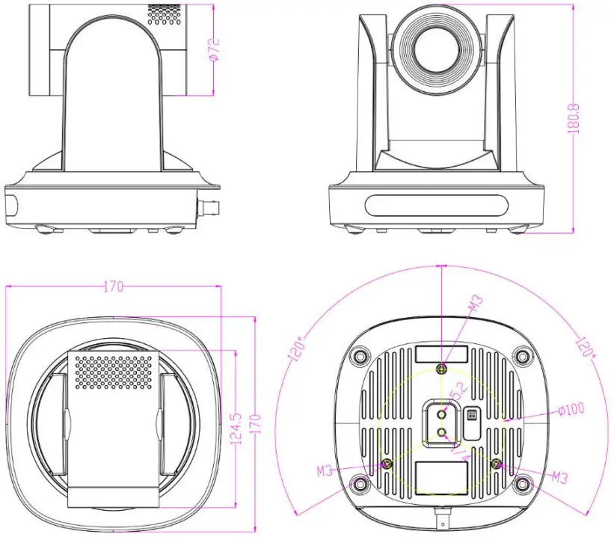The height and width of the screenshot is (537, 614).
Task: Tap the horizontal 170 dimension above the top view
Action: (114, 286)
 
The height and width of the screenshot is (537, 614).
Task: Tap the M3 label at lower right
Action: (559, 476)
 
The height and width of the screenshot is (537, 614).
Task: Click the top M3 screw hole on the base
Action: (442, 368)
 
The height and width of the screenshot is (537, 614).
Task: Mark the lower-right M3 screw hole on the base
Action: (496, 464)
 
